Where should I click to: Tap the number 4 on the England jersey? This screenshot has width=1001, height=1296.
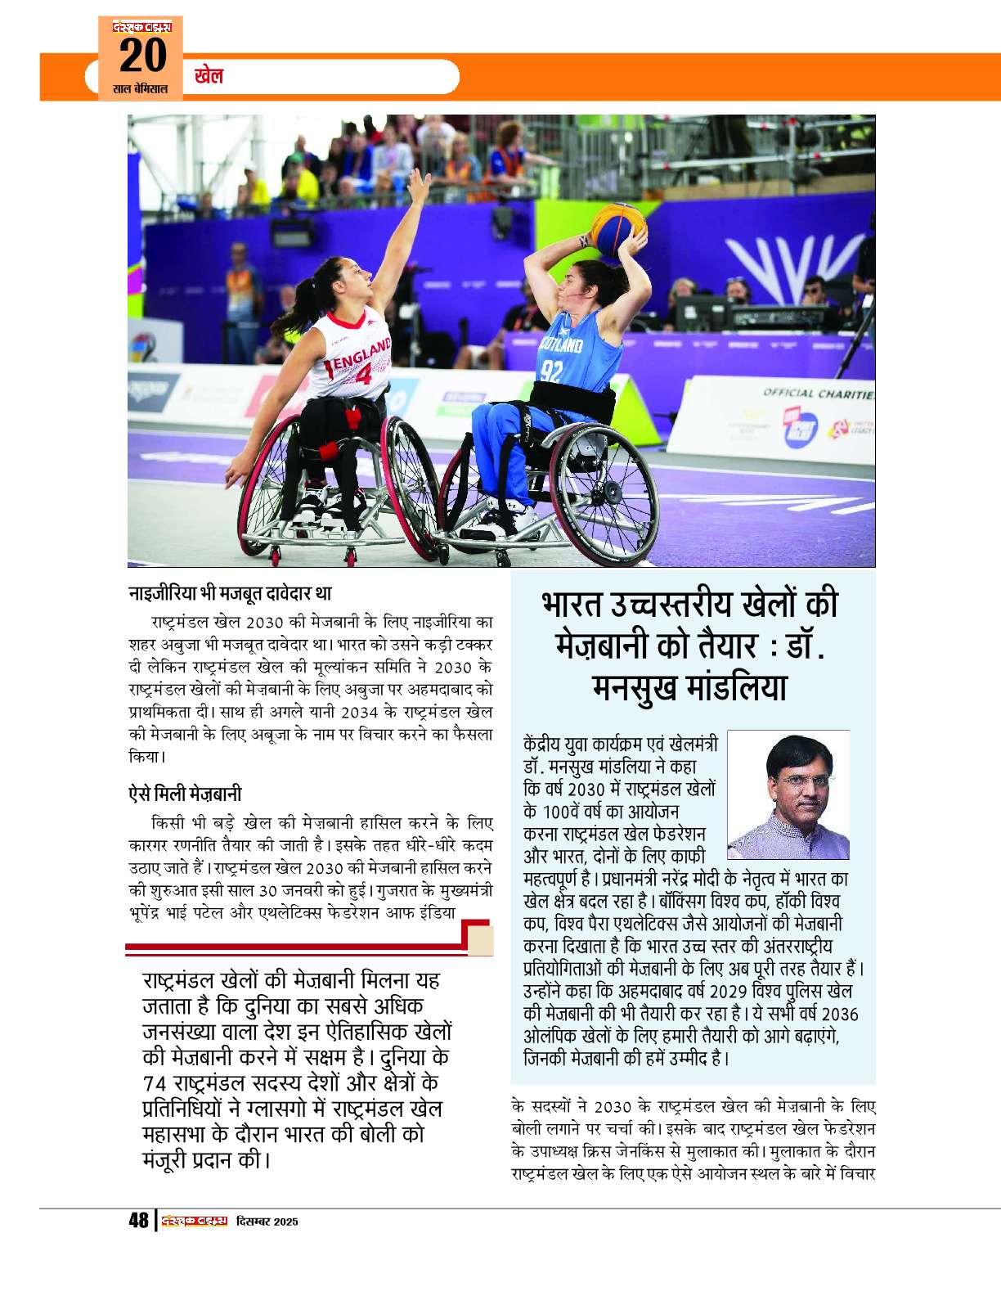coord(362,375)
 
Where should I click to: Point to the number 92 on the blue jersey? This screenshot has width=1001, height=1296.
coord(551,371)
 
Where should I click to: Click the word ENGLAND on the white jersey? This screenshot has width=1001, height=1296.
coord(361,354)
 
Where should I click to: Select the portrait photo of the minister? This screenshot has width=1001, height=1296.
coord(788,794)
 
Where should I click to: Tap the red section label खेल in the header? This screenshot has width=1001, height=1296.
coord(209,76)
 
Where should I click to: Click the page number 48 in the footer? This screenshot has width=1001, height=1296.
coord(139,1220)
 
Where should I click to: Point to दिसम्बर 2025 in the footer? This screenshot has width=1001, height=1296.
coord(267,1222)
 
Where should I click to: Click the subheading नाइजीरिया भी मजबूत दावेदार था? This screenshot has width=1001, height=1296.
coord(230,593)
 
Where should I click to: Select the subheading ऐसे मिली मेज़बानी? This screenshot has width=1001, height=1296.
coord(185,794)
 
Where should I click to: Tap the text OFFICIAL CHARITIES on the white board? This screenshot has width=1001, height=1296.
coord(818,394)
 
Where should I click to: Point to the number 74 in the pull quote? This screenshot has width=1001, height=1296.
coord(155,1083)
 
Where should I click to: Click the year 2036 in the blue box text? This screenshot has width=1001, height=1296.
coord(839,1015)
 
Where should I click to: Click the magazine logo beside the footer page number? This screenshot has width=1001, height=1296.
coord(194,1221)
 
